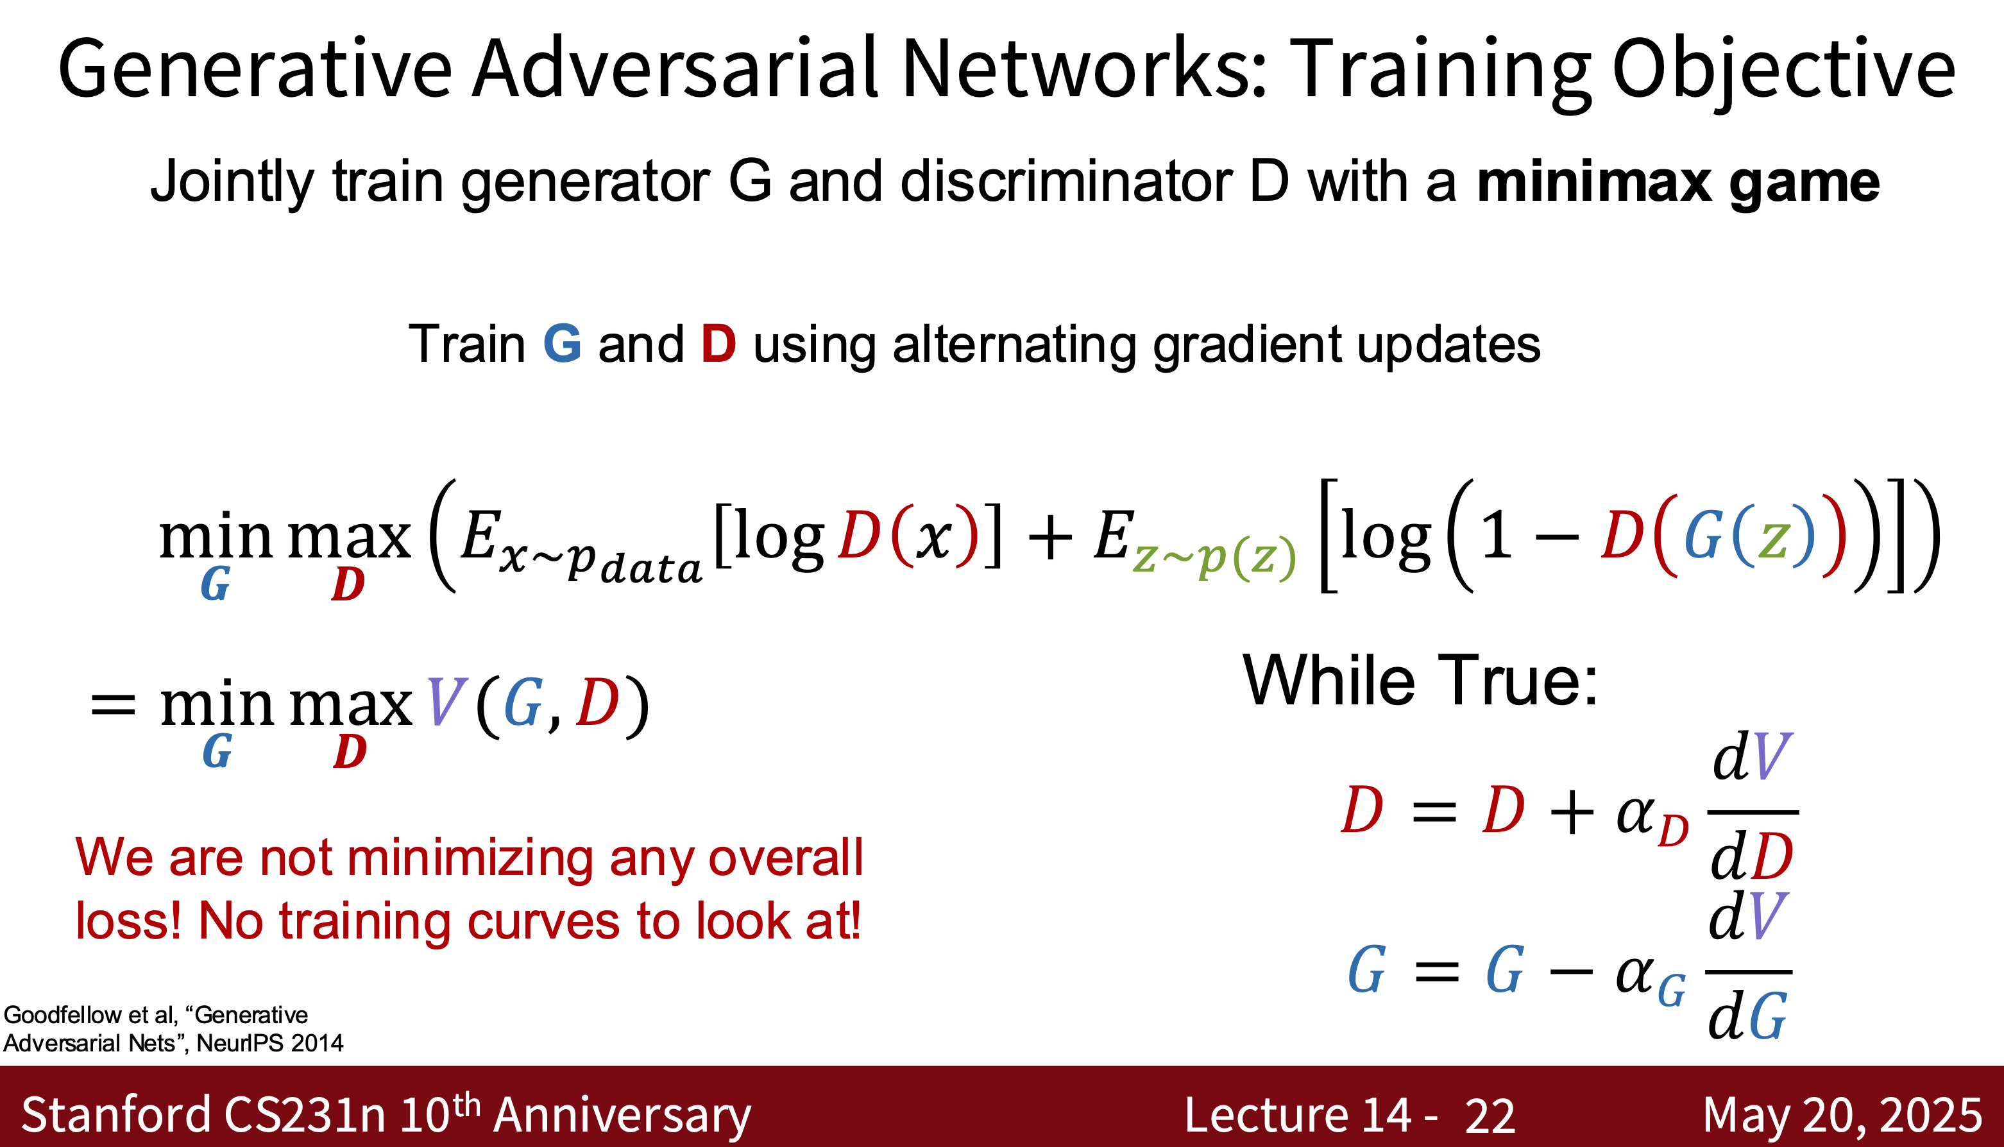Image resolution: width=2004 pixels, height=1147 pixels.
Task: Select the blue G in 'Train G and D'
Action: click(x=563, y=344)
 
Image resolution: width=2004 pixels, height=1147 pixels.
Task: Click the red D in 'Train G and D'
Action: click(x=718, y=344)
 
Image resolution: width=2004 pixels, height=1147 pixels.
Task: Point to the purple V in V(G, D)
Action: click(x=446, y=701)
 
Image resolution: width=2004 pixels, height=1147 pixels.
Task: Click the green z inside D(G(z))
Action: click(x=1772, y=539)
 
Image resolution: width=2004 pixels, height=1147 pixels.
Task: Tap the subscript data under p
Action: click(x=650, y=567)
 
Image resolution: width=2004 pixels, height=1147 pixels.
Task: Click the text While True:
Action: click(x=1420, y=681)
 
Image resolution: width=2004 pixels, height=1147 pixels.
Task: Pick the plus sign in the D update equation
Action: click(x=1571, y=811)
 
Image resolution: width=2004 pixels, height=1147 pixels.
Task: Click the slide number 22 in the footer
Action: click(x=1490, y=1116)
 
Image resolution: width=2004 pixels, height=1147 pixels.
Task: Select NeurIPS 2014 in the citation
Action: click(x=270, y=1043)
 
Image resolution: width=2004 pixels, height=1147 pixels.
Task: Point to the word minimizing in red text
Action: click(x=466, y=859)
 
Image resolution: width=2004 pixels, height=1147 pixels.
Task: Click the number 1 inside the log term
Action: click(x=1497, y=536)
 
